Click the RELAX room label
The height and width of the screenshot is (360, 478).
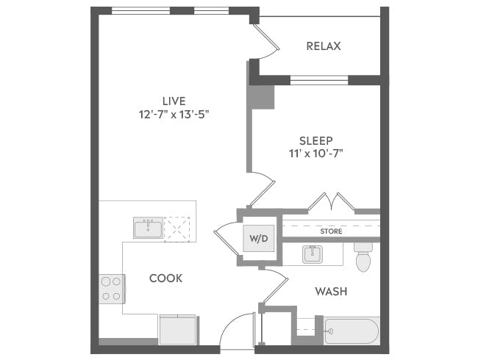(x=324, y=46)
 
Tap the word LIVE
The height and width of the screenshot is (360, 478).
(x=174, y=101)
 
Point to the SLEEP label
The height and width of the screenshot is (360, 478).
(x=316, y=140)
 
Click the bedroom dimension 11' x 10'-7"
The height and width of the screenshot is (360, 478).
(x=316, y=154)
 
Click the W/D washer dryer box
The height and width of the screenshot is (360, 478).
(x=257, y=239)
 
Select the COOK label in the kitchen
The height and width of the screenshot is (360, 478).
(x=165, y=278)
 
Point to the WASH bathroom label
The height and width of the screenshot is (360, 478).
(x=331, y=292)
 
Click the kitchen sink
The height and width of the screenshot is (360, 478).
(x=148, y=228)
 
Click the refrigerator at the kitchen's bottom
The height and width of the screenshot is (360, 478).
(x=178, y=330)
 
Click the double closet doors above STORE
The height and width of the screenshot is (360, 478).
(x=331, y=201)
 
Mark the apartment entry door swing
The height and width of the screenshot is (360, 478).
(x=239, y=331)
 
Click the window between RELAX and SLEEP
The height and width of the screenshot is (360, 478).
(x=318, y=79)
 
